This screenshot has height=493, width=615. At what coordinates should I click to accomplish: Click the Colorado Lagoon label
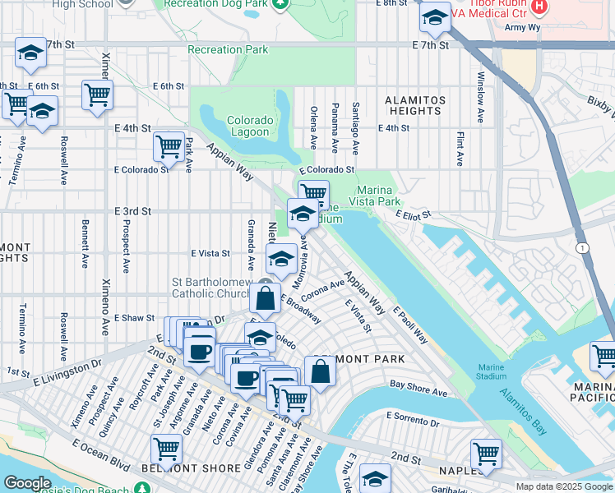(248, 126)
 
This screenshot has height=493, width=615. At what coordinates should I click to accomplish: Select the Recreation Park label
(229, 50)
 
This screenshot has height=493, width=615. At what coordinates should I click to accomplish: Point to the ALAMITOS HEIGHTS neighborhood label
(415, 105)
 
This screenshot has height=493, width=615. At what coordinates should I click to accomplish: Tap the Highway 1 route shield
(583, 247)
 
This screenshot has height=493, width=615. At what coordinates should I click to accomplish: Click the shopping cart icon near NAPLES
(486, 454)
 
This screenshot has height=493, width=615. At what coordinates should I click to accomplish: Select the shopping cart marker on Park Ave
(169, 147)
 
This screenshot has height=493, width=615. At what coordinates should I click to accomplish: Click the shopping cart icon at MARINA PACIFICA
(604, 356)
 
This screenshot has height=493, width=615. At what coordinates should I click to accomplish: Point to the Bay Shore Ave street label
(418, 388)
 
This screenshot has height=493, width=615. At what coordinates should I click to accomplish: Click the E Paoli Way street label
(410, 325)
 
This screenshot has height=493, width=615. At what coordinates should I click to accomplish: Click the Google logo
(27, 483)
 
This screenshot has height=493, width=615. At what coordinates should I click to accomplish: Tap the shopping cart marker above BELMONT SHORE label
(166, 449)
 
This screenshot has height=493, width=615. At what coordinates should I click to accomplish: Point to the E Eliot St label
(413, 214)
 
